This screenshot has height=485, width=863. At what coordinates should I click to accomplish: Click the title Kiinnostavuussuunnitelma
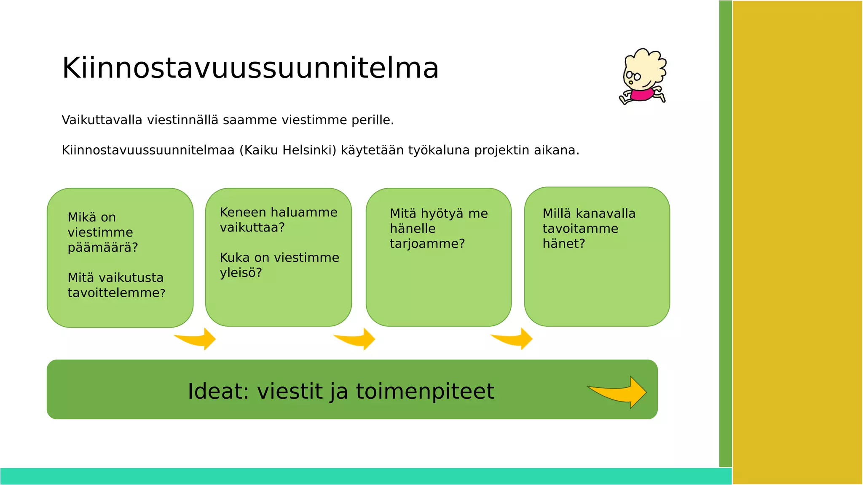250,68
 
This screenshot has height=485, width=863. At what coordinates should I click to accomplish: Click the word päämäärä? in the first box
103,248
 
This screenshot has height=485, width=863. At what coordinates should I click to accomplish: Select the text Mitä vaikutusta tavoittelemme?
116,285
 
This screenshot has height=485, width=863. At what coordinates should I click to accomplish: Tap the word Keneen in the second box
243,212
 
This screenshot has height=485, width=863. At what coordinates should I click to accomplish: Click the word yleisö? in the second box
241,273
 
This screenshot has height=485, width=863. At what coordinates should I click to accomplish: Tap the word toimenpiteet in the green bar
425,392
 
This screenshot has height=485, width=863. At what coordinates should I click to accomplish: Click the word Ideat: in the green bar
218,392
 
